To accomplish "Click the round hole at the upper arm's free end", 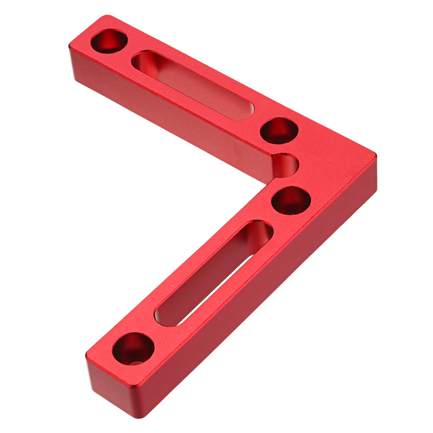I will [x=109, y=41].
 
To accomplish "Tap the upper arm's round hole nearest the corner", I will [x=279, y=130].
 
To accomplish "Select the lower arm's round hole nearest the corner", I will [x=291, y=201].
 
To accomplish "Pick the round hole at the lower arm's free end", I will [x=133, y=348].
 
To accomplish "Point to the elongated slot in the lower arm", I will [x=214, y=273].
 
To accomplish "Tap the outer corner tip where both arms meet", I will [x=376, y=156].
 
